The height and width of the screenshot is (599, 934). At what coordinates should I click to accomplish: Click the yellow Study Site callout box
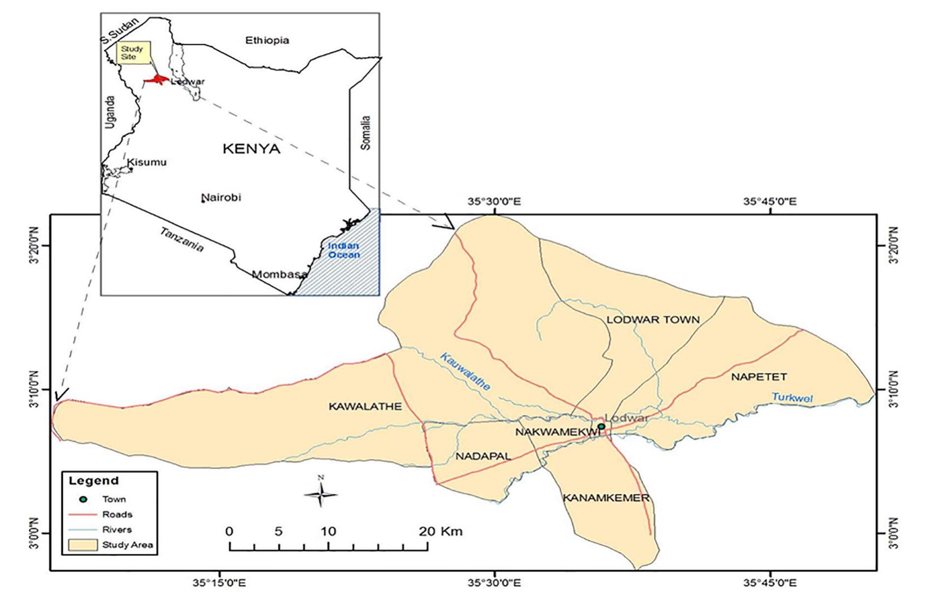coord(133,53)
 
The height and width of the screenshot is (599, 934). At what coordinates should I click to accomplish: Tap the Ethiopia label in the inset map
coord(267,41)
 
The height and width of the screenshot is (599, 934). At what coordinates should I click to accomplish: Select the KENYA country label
coord(251,149)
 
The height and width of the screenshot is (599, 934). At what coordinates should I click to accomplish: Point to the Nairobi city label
coord(221,198)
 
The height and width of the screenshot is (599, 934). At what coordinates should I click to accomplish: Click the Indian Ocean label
coord(344,250)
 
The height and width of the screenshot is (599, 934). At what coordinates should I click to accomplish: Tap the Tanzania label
coord(182,240)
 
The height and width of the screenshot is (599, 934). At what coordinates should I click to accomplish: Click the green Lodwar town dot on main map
coord(601,426)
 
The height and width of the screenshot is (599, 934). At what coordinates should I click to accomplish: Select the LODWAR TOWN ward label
coord(653,320)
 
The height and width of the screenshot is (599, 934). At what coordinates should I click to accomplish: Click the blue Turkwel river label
coord(792,398)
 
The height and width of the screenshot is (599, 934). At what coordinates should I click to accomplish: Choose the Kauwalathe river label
coord(465,371)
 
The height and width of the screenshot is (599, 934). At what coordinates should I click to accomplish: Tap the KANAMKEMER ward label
coord(606,498)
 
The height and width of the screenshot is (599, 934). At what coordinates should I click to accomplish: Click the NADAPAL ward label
coord(483,456)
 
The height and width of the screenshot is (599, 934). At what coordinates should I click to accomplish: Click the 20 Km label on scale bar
coord(440,531)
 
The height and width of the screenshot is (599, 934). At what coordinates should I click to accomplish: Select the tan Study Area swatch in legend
coord(82,545)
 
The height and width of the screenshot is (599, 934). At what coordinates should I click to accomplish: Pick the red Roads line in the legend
coord(82,515)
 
